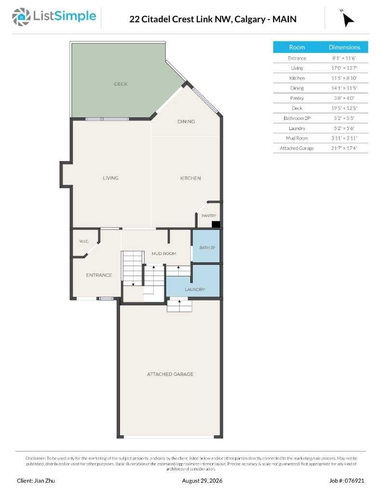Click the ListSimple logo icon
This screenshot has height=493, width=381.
click(21, 17)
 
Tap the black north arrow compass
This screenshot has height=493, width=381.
click(348, 20)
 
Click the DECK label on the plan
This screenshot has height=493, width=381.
click(121, 84)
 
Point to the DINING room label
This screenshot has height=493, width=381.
click(186, 121)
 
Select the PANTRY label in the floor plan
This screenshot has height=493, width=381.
click(209, 216)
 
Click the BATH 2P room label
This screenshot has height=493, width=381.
click(207, 248)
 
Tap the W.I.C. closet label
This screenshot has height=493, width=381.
click(84, 241)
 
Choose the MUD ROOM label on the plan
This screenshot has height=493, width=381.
click(164, 253)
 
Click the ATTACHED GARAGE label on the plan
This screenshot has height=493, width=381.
click(170, 374)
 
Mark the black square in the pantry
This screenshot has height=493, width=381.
click(216, 224)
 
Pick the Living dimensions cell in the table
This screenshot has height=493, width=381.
click(344, 68)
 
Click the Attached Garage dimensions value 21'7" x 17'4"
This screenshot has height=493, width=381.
click(344, 148)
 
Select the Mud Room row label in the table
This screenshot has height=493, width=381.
click(297, 138)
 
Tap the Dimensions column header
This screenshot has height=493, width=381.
click(344, 47)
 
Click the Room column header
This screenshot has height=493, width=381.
click(297, 47)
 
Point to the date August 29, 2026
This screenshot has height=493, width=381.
click(202, 481)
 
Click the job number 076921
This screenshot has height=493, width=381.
click(354, 481)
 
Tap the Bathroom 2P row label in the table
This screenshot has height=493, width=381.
click(297, 118)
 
